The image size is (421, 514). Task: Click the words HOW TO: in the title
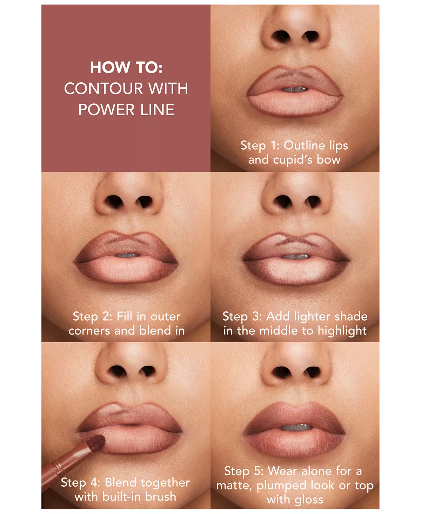126,67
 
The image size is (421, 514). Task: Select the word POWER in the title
106,110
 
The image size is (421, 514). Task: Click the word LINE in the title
158,110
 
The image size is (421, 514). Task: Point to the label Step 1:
260,146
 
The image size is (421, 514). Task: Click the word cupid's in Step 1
293,160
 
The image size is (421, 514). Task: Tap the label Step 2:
93,317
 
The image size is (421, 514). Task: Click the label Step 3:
242,317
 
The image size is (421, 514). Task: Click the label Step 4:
81,482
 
